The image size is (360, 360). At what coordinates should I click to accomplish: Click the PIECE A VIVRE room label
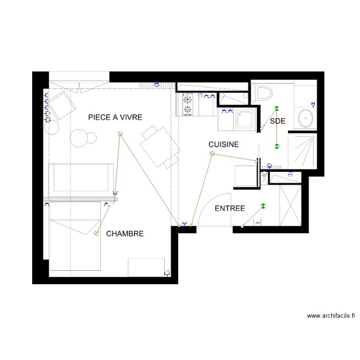115,117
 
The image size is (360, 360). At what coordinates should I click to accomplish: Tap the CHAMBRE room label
125,234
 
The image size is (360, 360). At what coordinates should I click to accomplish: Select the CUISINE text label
223,144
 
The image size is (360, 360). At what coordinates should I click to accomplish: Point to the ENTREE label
229,208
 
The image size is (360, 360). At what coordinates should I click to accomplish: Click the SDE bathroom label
277,121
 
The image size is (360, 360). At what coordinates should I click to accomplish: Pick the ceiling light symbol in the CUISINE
212,154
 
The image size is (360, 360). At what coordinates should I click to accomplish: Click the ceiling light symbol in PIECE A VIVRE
120,134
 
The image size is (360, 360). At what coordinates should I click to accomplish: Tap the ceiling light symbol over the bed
96,233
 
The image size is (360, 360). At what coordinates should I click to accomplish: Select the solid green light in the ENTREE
263,206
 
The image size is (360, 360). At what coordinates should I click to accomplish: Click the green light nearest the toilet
276,108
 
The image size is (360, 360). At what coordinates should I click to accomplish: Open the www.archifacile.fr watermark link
331,316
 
